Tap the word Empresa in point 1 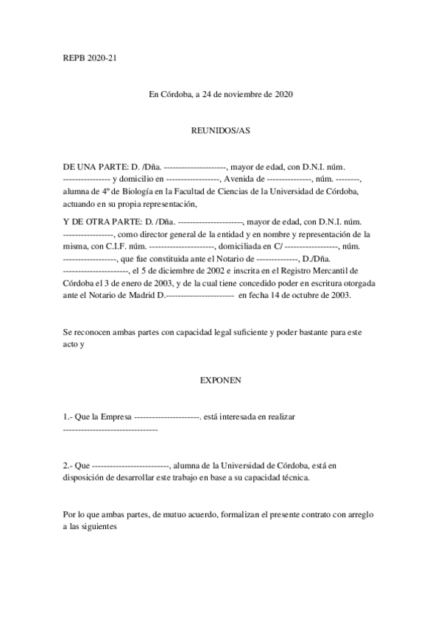click(x=116, y=416)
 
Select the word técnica click(x=292, y=477)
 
